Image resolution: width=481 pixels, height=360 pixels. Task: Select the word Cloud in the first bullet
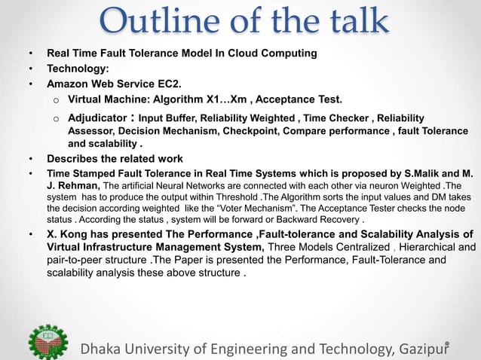coord(232,54)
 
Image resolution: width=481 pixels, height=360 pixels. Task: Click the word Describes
coord(74,159)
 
